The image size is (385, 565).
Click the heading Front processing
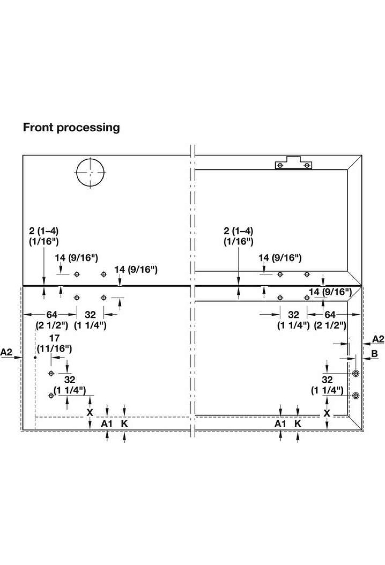coord(71,127)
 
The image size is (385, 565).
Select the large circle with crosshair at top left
coord(90,172)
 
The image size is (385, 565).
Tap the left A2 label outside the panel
coord(6,352)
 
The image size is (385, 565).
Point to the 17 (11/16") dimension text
coord(55,343)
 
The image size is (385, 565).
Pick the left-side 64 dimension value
coord(52,315)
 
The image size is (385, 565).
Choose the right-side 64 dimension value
coord(330,315)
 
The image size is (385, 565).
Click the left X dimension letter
coord(90,413)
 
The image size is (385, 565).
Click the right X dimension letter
coord(327,413)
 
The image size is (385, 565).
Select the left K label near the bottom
coord(124,424)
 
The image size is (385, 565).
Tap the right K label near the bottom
coord(298,424)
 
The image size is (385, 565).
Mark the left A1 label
coord(107,424)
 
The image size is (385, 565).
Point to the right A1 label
coord(280,424)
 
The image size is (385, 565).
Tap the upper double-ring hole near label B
coord(355,373)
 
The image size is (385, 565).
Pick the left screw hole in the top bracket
coord(280,165)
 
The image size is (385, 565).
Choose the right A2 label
coord(378,339)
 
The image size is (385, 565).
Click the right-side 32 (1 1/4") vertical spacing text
coord(327,385)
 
